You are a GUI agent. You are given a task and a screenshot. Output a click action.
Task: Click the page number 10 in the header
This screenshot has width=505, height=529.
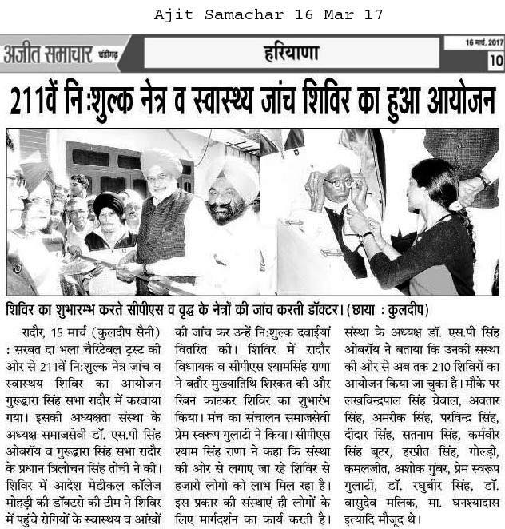click(x=495, y=60)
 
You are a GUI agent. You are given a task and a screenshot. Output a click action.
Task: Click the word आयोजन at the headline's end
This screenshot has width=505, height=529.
click(x=459, y=100)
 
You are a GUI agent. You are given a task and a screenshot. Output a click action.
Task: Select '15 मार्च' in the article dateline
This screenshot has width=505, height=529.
click(x=76, y=328)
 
